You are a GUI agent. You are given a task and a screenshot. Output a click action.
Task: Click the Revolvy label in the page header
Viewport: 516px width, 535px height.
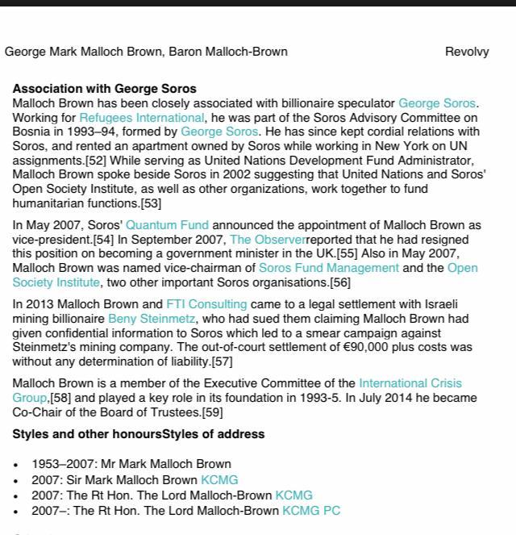tap(467, 52)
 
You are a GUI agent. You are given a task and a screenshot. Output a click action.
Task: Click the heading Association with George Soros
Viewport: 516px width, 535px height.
tap(104, 89)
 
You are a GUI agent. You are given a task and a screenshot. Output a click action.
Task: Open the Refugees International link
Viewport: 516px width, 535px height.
tap(141, 118)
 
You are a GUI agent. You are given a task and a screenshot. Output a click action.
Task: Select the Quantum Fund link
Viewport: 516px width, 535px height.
tap(167, 225)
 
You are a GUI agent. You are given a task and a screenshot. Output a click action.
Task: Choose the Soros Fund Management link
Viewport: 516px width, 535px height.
tap(329, 268)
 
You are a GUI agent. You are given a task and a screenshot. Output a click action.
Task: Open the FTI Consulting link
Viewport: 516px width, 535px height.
tap(206, 304)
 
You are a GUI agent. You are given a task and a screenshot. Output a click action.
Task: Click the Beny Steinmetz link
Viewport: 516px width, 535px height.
tap(152, 319)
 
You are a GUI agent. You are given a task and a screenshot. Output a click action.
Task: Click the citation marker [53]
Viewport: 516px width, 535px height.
tap(151, 203)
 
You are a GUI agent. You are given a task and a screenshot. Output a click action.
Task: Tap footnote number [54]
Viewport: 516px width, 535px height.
tap(103, 240)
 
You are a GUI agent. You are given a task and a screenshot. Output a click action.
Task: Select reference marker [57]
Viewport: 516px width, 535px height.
tap(222, 362)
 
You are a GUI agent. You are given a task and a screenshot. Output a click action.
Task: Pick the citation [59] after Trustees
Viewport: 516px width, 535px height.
tap(212, 412)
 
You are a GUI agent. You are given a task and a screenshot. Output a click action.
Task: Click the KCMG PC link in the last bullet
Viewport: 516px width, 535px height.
tap(311, 511)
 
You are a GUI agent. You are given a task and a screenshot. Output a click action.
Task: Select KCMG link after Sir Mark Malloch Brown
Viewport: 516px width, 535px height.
tap(219, 480)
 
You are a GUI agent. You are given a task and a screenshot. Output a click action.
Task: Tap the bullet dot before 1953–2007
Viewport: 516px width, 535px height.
tap(16, 465)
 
